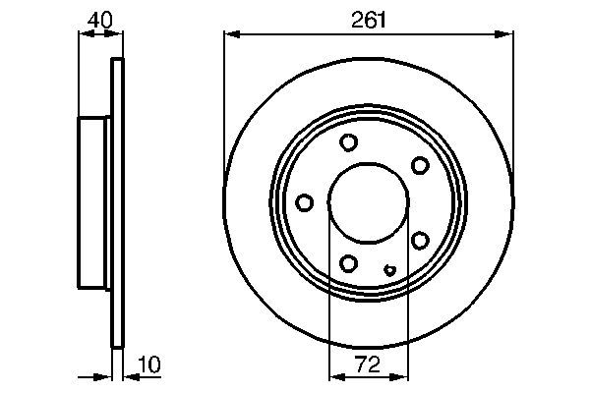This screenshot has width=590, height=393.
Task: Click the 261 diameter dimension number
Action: point(369,19)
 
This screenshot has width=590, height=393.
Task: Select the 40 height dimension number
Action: point(99,19)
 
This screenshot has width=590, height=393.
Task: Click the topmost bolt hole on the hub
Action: point(348,142)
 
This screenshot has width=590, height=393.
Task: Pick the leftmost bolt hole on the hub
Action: point(304,202)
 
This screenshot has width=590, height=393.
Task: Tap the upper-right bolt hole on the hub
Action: point(420,164)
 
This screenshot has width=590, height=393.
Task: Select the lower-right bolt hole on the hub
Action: point(420,240)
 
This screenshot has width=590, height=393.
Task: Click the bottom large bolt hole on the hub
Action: point(348,262)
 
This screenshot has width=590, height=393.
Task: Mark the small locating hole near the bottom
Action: point(390,270)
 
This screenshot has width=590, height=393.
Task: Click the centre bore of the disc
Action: point(368,202)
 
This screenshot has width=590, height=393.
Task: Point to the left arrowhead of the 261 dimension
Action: point(230,35)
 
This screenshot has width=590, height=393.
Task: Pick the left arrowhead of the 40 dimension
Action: point(84,35)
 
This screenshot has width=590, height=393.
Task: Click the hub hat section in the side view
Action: point(95,202)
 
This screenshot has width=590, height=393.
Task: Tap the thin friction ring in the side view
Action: point(119,202)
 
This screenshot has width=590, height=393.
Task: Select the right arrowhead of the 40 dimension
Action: point(119,35)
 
